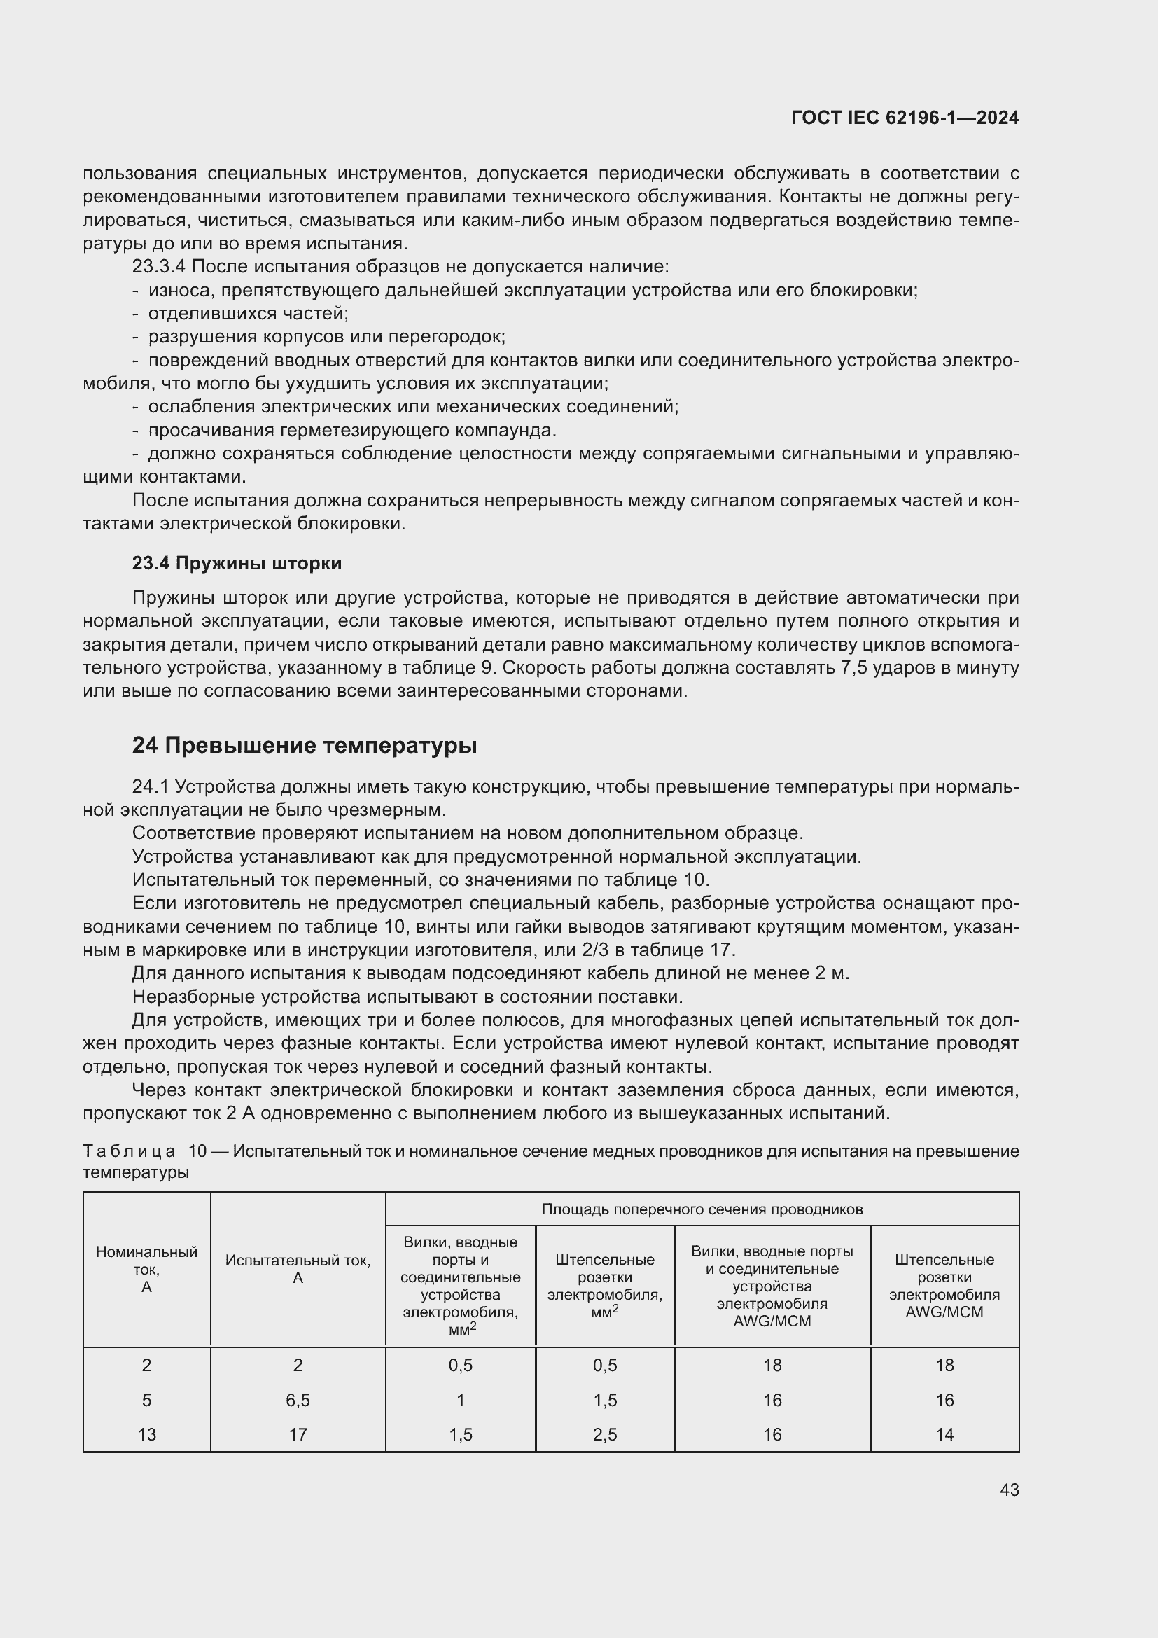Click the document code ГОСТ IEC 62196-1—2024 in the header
pos(904,118)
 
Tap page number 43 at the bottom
pos(1009,1490)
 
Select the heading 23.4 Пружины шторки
pos(237,564)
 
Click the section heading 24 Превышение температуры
pos(305,746)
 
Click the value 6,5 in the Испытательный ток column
pos(298,1400)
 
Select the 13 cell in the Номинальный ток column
pos(146,1434)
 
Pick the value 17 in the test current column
pos(298,1434)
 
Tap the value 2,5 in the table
pos(605,1434)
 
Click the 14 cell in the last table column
pos(944,1434)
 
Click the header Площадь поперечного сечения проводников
pos(702,1209)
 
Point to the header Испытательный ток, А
pos(298,1269)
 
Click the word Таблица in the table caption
pos(129,1151)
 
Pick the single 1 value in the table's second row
pos(461,1400)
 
